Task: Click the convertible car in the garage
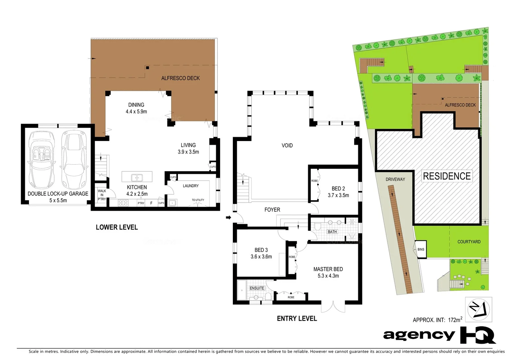[42, 160]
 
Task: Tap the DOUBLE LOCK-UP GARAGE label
[58, 194]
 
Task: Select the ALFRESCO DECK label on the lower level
[180, 78]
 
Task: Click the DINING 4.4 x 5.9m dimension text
[136, 112]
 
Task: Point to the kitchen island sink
[137, 177]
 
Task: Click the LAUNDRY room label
[191, 186]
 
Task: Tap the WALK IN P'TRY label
[102, 195]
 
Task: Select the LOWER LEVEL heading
[117, 227]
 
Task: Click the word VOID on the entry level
[287, 146]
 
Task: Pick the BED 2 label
[338, 189]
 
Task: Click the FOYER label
[272, 210]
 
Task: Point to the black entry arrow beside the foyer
[229, 218]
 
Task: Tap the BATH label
[332, 232]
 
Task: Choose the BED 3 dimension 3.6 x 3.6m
[261, 257]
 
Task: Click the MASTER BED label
[328, 269]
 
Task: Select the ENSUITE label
[257, 288]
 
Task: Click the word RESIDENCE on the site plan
[447, 176]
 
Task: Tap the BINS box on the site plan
[421, 249]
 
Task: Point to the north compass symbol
[478, 309]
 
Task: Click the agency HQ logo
[439, 335]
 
